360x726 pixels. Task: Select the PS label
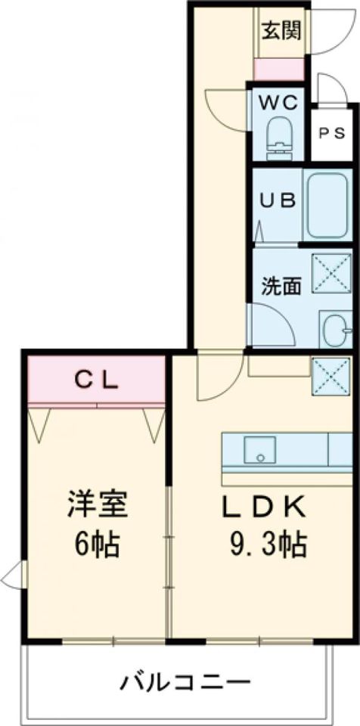click(332, 133)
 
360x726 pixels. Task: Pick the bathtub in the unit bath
click(328, 203)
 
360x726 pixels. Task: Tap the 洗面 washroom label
click(281, 286)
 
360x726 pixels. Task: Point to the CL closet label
click(96, 380)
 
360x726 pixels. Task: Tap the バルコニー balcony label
click(185, 683)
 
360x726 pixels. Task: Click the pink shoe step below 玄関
click(279, 69)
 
